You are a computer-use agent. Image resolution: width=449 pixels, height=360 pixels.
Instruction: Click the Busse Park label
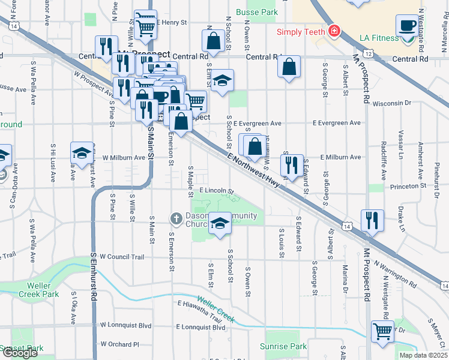[x=257, y=11]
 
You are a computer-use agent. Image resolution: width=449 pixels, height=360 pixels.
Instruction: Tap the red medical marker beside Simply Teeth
[x=333, y=31]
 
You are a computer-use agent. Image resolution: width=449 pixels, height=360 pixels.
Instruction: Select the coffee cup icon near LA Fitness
[x=407, y=26]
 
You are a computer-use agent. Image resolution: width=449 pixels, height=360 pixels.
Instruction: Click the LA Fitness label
[x=379, y=38]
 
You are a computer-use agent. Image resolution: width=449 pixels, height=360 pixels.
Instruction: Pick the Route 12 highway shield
[x=368, y=53]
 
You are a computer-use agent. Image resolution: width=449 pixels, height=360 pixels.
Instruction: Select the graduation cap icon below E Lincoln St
[x=220, y=224]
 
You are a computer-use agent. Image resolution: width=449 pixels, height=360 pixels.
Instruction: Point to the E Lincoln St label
[x=216, y=190]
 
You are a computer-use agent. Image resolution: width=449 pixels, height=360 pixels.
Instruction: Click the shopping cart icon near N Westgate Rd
[x=382, y=331]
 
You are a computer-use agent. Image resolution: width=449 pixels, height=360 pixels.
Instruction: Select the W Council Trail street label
[x=122, y=257]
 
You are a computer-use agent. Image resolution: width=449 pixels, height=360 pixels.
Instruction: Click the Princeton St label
[x=406, y=186]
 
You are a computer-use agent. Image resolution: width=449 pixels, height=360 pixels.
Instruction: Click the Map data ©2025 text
[x=423, y=355]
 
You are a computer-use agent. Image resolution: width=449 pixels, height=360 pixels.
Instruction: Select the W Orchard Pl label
[x=120, y=344]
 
